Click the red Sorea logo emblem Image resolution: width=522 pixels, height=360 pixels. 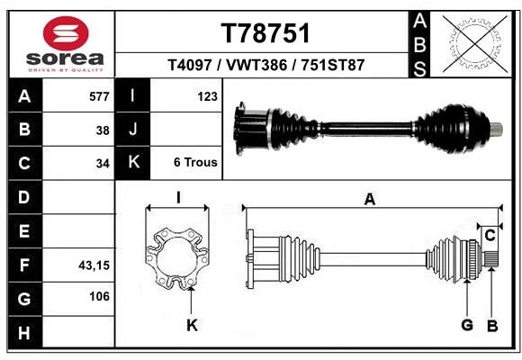(66, 33)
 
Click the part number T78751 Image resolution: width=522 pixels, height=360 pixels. (265, 33)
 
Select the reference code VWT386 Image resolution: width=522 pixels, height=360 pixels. (256, 65)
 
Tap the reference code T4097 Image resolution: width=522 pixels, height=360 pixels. (190, 65)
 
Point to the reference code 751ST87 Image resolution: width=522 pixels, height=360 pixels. (333, 65)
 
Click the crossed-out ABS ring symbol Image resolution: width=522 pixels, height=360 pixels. (475, 44)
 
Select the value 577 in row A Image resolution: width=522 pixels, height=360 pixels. (99, 96)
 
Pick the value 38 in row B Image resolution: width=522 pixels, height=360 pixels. (103, 130)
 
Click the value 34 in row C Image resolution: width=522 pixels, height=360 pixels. (103, 164)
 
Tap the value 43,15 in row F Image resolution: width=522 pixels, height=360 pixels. (94, 265)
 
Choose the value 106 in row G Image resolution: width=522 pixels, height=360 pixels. (99, 296)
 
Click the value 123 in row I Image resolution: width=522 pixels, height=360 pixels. (207, 96)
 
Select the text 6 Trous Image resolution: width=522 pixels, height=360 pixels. (195, 162)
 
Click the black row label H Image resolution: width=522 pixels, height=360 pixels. (24, 333)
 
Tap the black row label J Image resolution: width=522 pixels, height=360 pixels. (133, 129)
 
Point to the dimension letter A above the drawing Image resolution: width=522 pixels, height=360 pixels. (370, 199)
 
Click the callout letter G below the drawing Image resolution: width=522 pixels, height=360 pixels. (467, 325)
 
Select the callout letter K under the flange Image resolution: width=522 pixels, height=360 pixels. (192, 325)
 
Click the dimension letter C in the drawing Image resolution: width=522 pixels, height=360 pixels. (490, 236)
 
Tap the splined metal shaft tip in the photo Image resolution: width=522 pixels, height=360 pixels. (497, 129)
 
